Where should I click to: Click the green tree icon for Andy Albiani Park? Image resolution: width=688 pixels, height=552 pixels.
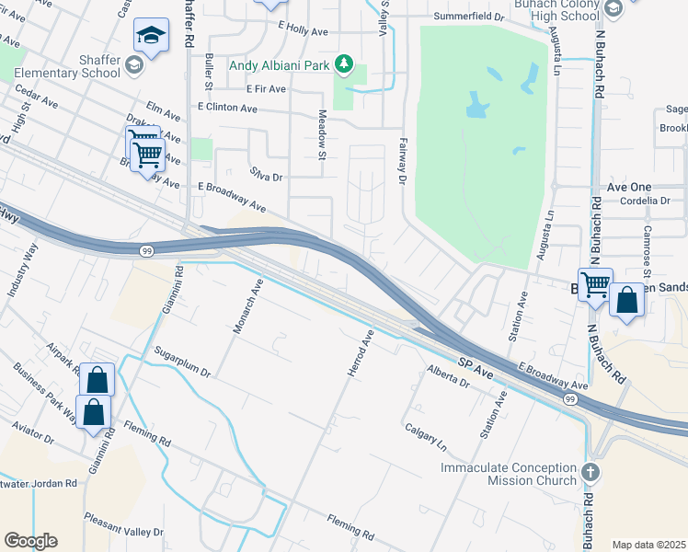[x=343, y=63]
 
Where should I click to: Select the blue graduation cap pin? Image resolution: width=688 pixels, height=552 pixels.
[x=151, y=36]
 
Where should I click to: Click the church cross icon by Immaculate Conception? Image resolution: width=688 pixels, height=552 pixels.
[x=591, y=473]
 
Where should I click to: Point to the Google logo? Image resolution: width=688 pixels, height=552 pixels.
[x=30, y=541]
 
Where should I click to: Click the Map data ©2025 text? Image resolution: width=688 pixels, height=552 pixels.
[x=648, y=545]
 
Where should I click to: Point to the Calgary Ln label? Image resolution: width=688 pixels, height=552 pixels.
[x=425, y=436]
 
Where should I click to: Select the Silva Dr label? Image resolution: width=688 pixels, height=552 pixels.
[x=265, y=173]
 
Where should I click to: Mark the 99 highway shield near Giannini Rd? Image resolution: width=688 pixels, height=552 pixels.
[x=146, y=249]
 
